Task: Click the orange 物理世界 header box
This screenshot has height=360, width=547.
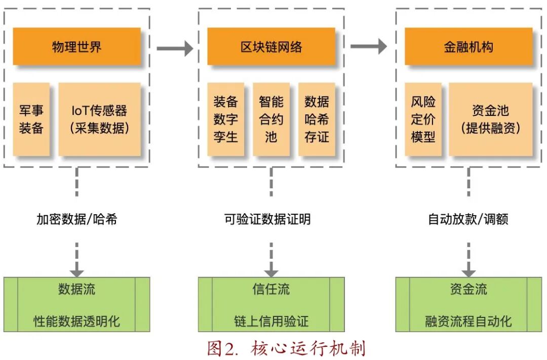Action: click(x=76, y=47)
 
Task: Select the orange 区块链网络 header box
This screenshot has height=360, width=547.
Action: click(x=271, y=47)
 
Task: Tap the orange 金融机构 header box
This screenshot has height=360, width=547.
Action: click(x=468, y=47)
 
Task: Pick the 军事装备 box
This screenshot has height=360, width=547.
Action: click(x=31, y=119)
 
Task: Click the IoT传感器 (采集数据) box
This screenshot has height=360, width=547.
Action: click(x=99, y=119)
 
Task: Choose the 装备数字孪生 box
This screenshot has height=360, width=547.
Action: click(x=225, y=119)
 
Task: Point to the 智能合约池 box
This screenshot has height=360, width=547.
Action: click(x=271, y=119)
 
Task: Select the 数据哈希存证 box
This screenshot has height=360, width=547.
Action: click(x=317, y=119)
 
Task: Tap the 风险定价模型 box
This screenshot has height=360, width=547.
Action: click(x=423, y=119)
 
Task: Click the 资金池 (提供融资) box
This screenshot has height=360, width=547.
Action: click(x=490, y=119)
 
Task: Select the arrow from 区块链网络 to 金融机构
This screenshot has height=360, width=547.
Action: click(x=368, y=47)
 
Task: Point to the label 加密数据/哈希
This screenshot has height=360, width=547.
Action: click(x=76, y=219)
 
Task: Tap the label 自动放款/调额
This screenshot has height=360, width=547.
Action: click(x=468, y=219)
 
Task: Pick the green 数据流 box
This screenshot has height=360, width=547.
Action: click(x=76, y=304)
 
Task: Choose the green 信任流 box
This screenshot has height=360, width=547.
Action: click(x=271, y=304)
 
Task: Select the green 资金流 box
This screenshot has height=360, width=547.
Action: click(x=468, y=304)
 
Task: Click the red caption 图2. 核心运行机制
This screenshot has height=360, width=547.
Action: click(x=286, y=348)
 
